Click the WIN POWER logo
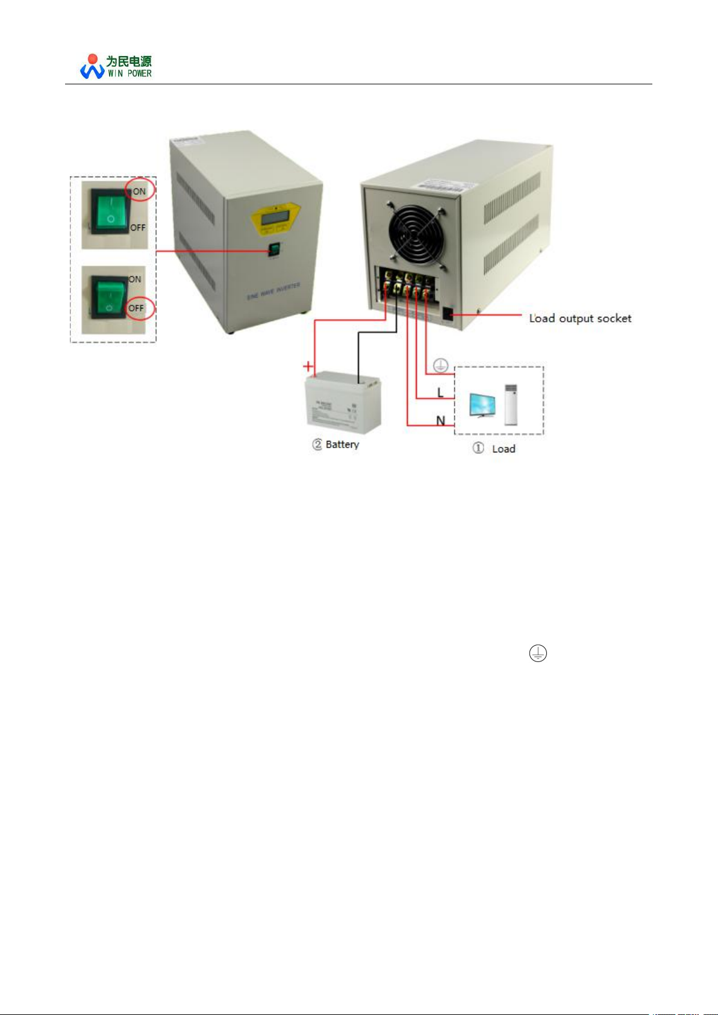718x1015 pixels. [116, 66]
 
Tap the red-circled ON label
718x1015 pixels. [140, 191]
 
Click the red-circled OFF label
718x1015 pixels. [137, 308]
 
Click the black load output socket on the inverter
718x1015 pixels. [448, 314]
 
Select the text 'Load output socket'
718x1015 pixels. [580, 318]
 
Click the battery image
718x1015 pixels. [343, 402]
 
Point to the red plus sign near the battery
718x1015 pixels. [308, 366]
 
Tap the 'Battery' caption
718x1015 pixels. [342, 445]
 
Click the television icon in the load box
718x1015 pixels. [482, 405]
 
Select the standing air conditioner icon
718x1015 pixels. [511, 404]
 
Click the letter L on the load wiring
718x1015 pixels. [440, 393]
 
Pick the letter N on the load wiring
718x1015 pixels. [440, 420]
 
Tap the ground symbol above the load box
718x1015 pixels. [440, 365]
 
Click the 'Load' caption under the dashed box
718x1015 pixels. [503, 449]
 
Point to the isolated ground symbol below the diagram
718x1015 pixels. [538, 653]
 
